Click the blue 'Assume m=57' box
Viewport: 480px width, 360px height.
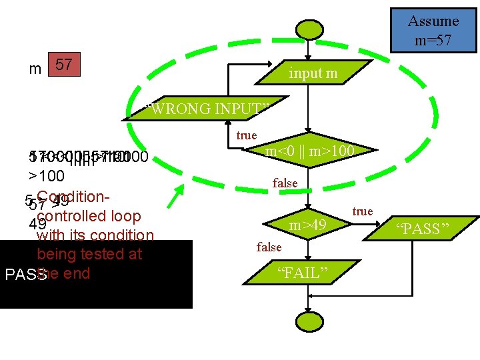click(x=433, y=30)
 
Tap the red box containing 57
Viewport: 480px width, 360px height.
click(x=64, y=65)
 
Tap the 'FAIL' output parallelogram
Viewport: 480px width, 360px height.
click(x=307, y=273)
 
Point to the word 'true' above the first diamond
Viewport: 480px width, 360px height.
click(x=247, y=135)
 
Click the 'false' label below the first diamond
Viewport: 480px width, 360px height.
click(x=285, y=183)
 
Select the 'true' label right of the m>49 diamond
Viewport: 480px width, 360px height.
click(x=363, y=211)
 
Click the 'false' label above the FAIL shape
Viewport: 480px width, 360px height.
click(x=269, y=247)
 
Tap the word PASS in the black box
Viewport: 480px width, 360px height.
click(x=24, y=275)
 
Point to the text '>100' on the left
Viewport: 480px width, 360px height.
click(x=46, y=177)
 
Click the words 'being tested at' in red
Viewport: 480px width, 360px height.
click(x=90, y=254)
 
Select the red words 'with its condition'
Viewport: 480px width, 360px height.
click(x=95, y=235)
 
